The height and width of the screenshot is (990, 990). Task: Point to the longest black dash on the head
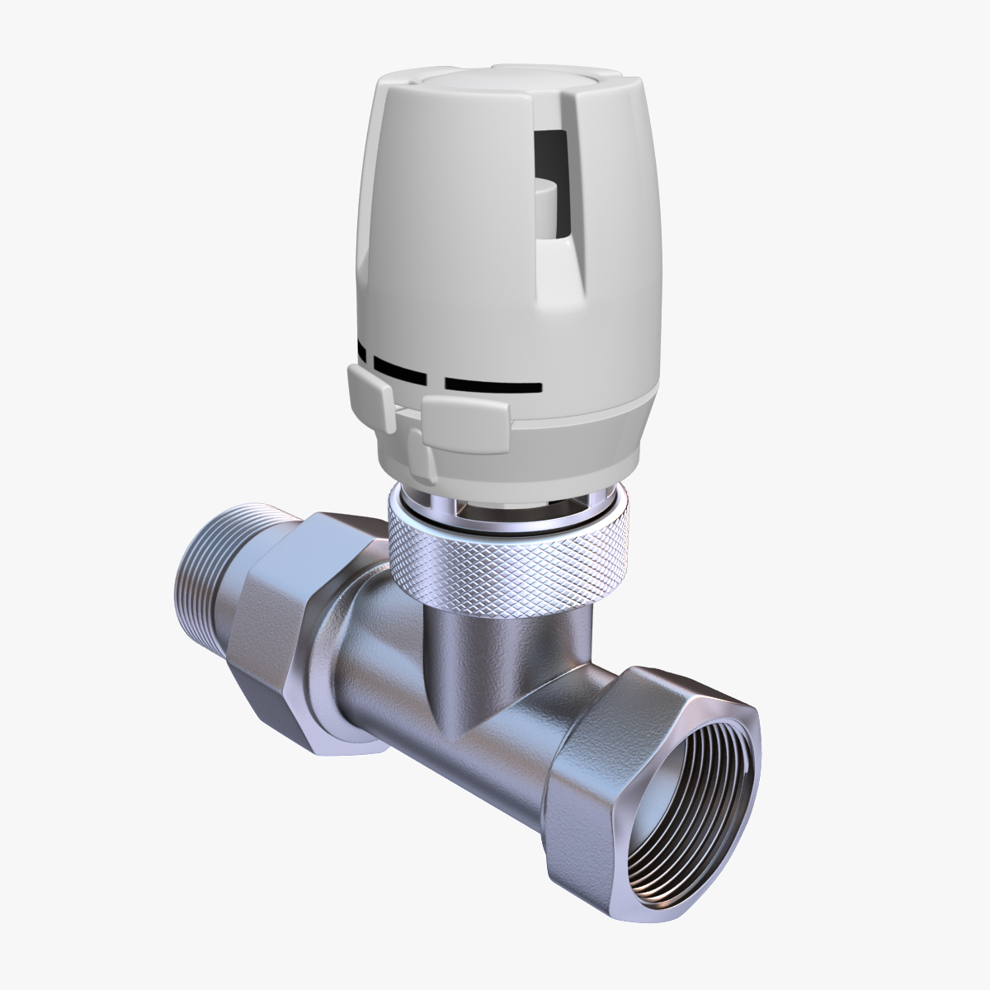(493, 385)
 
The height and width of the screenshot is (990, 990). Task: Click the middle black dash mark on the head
(399, 369)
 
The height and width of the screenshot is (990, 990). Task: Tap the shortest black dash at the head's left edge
(361, 351)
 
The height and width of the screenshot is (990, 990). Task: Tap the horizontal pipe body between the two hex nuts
(462, 742)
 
